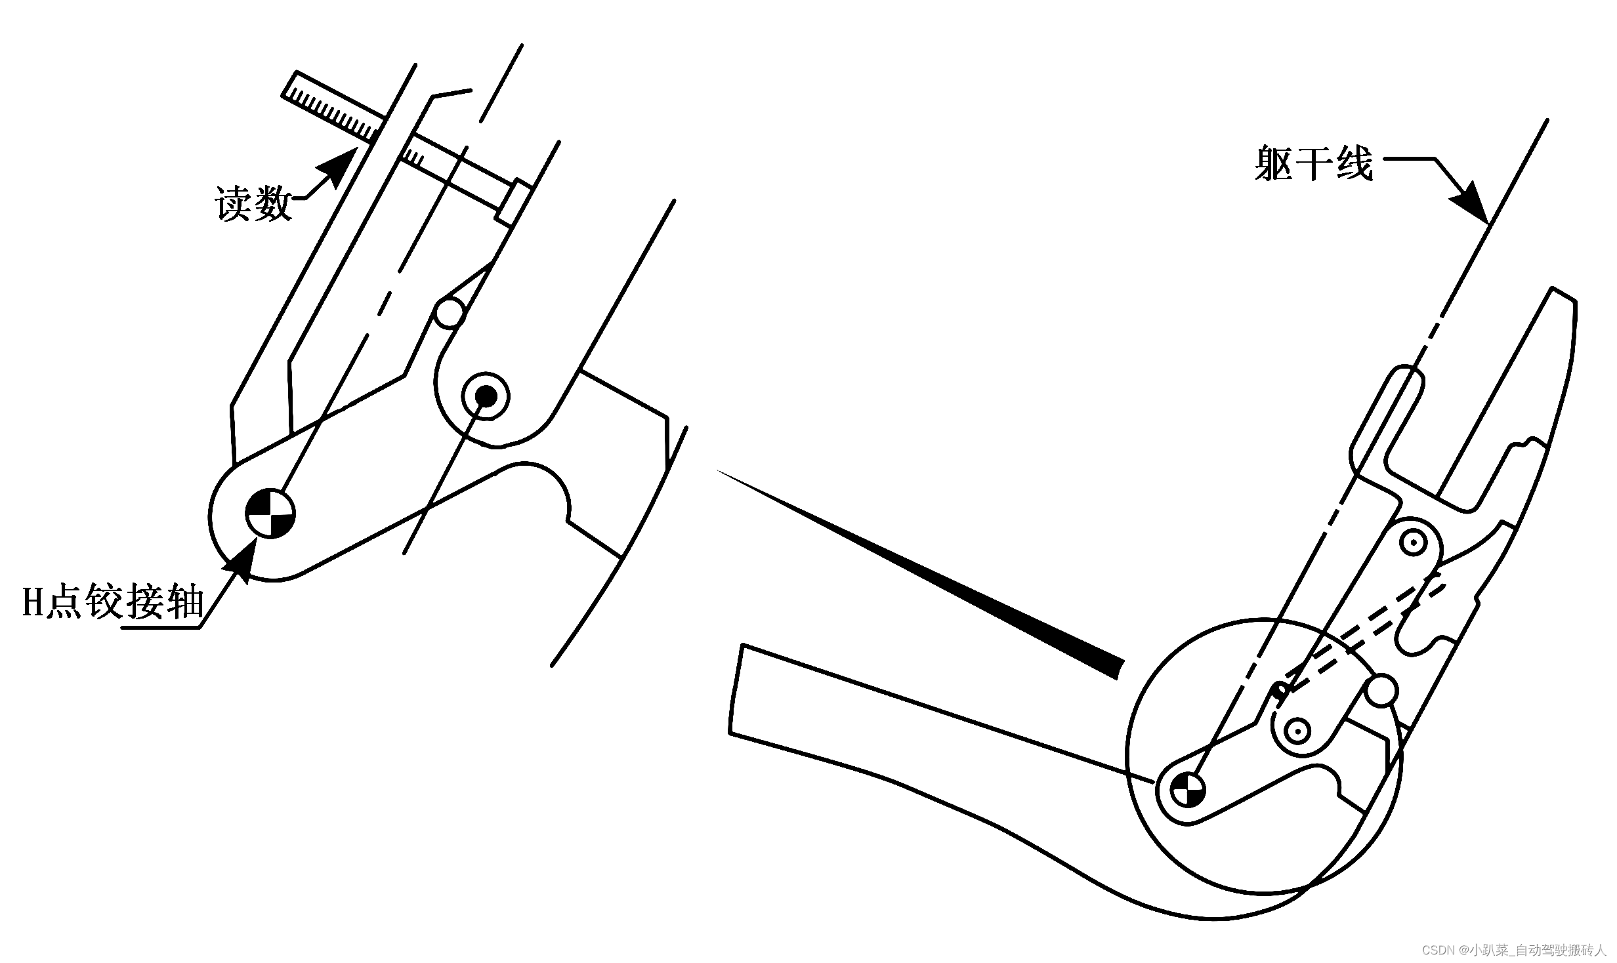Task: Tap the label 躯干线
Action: [1313, 163]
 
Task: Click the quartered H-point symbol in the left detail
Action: [270, 514]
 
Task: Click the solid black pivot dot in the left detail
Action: [486, 395]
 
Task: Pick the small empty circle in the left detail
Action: [451, 314]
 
